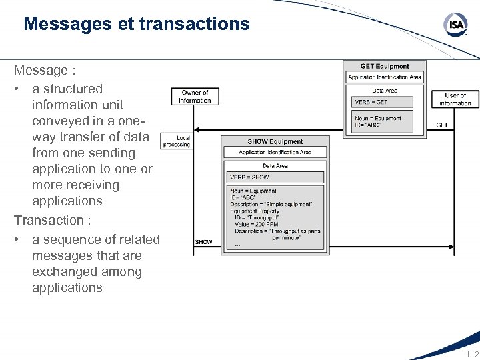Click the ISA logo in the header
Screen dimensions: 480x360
point(456,25)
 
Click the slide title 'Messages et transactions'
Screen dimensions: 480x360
point(136,25)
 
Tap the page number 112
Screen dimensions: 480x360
point(472,354)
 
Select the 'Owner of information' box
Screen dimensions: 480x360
point(195,97)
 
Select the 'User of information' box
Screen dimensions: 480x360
point(455,99)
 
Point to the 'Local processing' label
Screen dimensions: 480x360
point(177,141)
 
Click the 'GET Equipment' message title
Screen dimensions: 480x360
point(385,67)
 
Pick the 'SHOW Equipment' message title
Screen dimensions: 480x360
point(275,141)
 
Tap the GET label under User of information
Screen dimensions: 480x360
point(442,125)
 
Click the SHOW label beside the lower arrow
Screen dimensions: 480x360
point(204,242)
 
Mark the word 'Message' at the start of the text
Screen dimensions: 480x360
point(41,70)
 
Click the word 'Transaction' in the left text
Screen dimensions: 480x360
point(49,220)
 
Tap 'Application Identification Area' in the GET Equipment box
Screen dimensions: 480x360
point(385,77)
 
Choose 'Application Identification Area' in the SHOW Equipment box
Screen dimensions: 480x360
point(275,152)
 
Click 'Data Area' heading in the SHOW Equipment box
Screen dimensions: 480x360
point(275,165)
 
